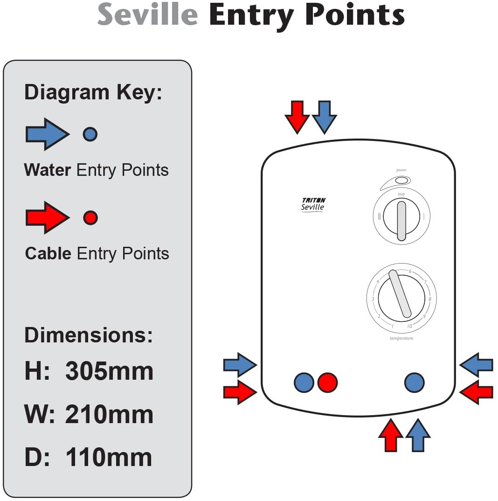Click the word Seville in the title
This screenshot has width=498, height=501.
point(147,15)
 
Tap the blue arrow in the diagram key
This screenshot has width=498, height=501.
point(47,134)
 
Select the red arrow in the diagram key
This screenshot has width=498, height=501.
point(47,217)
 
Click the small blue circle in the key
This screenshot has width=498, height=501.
point(90,134)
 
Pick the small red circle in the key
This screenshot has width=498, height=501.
point(90,217)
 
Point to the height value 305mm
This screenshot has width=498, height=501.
point(109,371)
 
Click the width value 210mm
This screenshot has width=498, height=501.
point(109,414)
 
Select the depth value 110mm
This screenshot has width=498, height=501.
point(109,457)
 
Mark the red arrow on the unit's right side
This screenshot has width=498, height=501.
point(477,392)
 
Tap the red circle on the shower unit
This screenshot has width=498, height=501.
point(327,383)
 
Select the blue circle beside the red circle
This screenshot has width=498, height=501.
point(304,383)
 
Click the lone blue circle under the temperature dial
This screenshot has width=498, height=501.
point(414,383)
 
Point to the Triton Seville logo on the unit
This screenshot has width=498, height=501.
point(313,204)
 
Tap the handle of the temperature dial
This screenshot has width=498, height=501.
point(400,294)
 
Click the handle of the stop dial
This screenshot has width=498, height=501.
point(401,220)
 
